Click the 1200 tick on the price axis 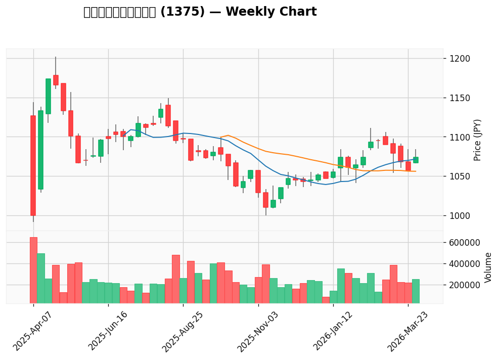tap(460, 59)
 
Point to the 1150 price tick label tap(460, 98)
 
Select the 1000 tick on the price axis tap(460, 216)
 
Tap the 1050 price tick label tap(460, 176)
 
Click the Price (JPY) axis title tap(477, 140)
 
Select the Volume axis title tap(488, 267)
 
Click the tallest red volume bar tap(33, 271)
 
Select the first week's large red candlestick tap(33, 165)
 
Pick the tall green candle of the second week tap(40, 150)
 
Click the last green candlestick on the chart tap(416, 160)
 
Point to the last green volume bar tap(416, 291)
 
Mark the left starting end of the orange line tap(221, 137)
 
